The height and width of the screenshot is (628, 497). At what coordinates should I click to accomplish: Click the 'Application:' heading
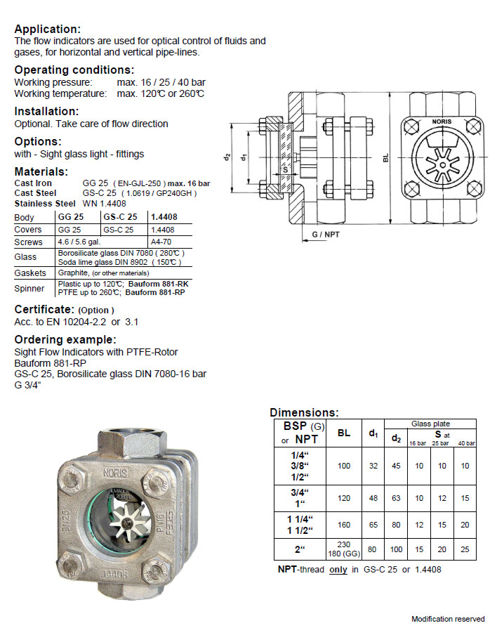[48, 30]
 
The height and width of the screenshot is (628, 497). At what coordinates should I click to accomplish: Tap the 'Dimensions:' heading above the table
[304, 413]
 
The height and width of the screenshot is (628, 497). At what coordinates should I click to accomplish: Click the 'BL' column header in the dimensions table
[344, 433]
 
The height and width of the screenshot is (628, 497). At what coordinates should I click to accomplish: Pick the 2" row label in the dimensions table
[300, 549]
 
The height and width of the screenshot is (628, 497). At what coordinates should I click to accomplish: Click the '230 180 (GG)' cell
[344, 549]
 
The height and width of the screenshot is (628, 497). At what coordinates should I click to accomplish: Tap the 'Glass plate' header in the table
[431, 424]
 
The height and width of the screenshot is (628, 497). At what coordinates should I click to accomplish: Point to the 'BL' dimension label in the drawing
[385, 159]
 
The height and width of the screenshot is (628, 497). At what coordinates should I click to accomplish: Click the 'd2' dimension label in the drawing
[227, 157]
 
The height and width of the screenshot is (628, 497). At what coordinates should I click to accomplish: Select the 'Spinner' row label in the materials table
[29, 289]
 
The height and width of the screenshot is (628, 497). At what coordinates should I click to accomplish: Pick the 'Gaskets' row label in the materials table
[30, 273]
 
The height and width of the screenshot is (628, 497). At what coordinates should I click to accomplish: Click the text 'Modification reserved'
[448, 619]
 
